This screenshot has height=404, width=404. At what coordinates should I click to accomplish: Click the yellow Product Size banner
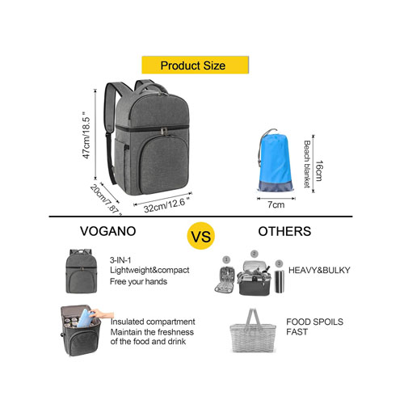pyautogui.click(x=195, y=65)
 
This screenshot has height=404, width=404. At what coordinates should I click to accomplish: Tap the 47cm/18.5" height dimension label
pyautogui.click(x=86, y=135)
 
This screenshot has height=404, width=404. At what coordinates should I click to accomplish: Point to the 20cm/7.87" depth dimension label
pyautogui.click(x=106, y=200)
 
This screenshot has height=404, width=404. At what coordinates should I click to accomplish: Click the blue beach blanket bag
pyautogui.click(x=275, y=162)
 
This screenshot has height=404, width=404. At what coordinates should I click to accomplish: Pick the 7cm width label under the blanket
pyautogui.click(x=276, y=204)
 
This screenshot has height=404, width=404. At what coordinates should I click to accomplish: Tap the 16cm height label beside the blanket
pyautogui.click(x=318, y=170)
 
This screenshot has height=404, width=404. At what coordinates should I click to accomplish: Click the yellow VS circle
pyautogui.click(x=201, y=236)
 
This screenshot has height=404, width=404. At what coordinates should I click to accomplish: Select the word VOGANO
pyautogui.click(x=108, y=231)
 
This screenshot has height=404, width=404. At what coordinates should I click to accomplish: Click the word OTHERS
pyautogui.click(x=284, y=231)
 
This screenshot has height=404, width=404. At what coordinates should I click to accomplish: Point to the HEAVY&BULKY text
pyautogui.click(x=319, y=270)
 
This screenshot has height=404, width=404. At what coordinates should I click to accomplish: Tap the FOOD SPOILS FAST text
pyautogui.click(x=314, y=326)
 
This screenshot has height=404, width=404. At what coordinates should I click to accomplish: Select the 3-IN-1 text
pyautogui.click(x=120, y=260)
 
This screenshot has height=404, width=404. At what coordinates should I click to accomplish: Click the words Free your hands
pyautogui.click(x=138, y=282)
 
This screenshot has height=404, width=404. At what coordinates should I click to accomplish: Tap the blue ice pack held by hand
pyautogui.click(x=85, y=318)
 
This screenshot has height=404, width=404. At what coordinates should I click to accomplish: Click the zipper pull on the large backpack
pyautogui.click(x=163, y=132)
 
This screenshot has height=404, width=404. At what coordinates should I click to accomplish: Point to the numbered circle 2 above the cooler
pyautogui.click(x=255, y=254)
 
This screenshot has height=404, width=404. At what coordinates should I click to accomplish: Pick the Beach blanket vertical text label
pyautogui.click(x=307, y=164)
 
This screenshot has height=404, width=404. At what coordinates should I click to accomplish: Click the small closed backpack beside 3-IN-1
pyautogui.click(x=81, y=271)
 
